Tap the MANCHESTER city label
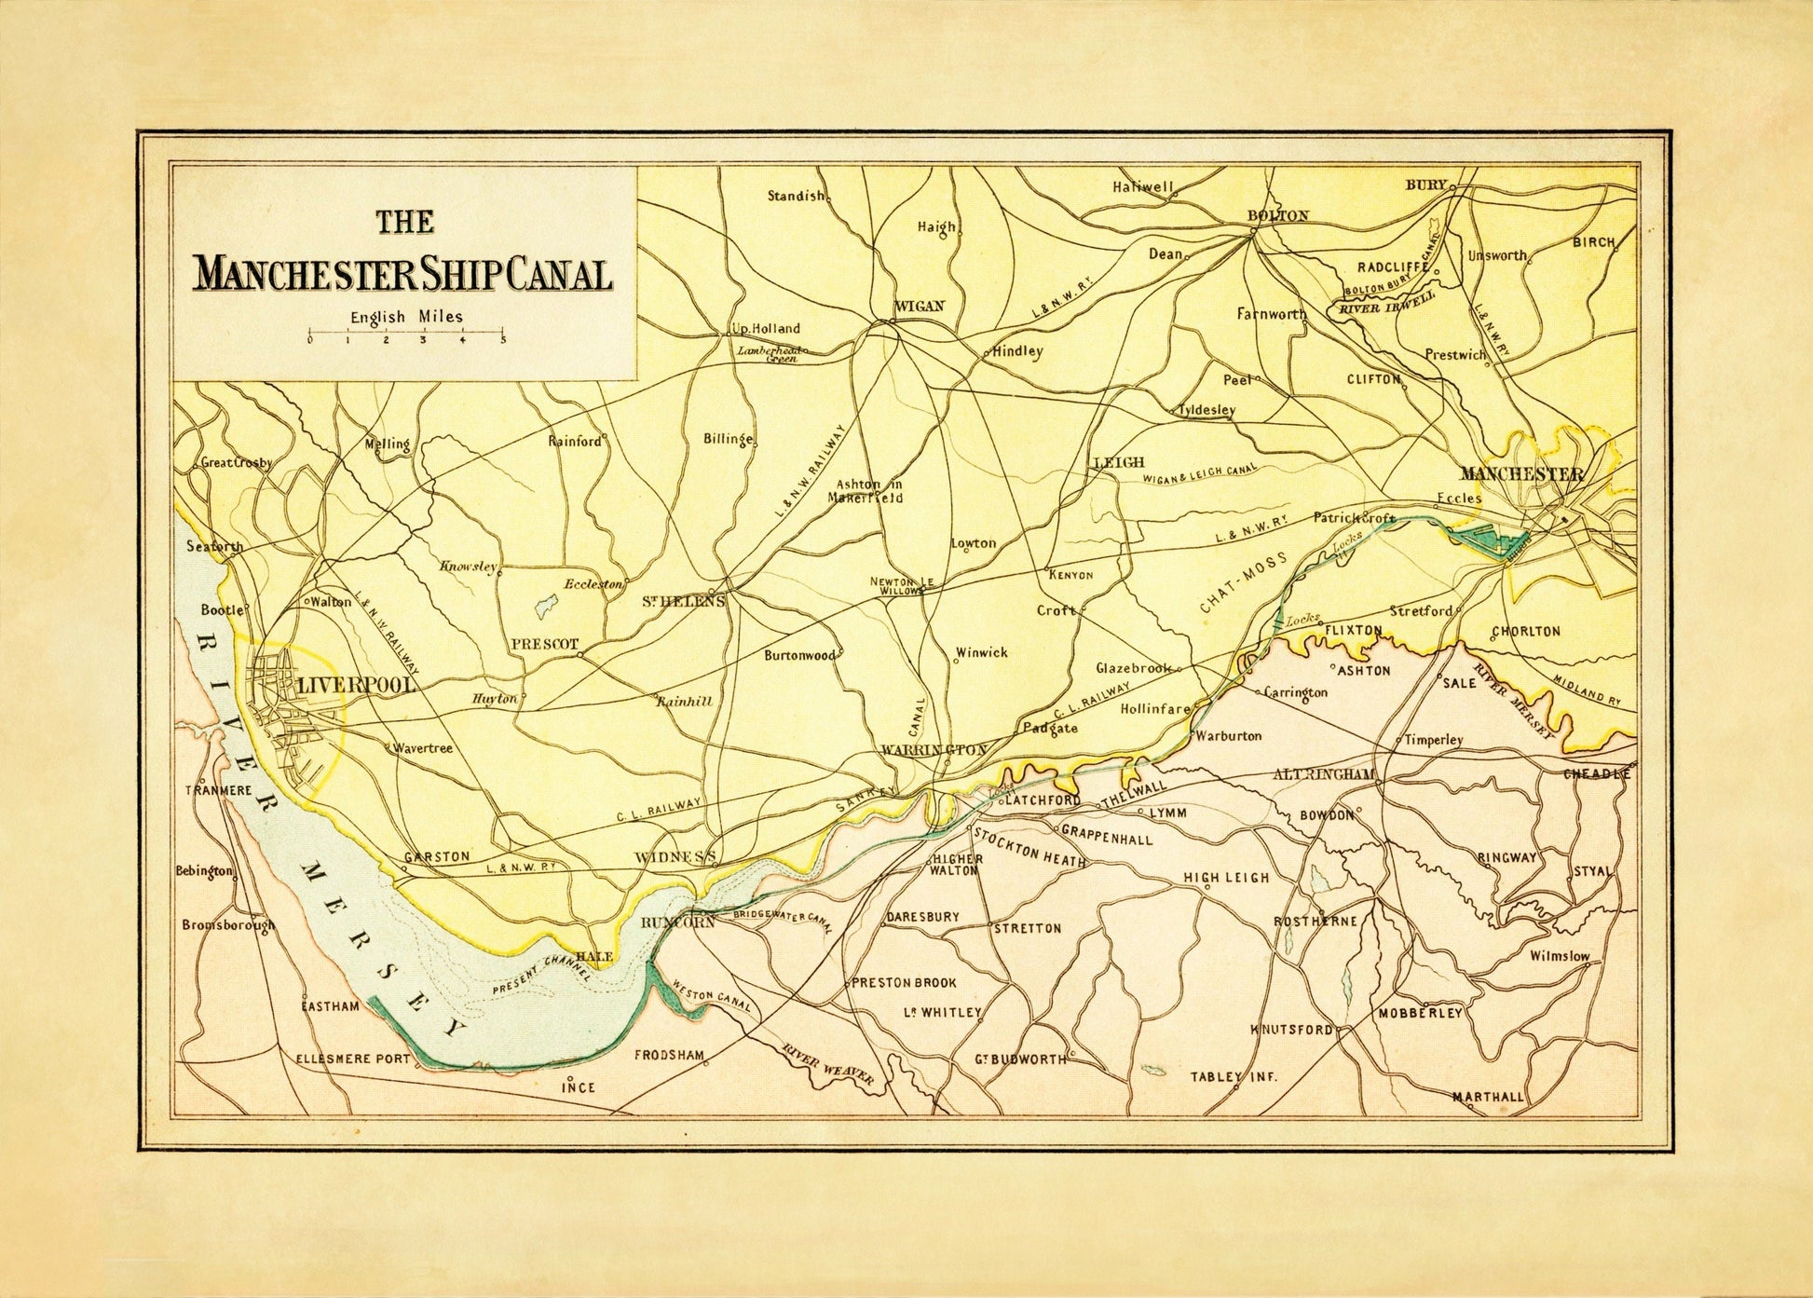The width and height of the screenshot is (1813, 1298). click(x=1521, y=473)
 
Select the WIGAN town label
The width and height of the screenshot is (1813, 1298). click(x=919, y=306)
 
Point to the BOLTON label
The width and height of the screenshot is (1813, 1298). click(x=1277, y=215)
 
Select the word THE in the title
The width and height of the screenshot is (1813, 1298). click(x=404, y=222)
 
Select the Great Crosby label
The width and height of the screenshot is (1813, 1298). click(x=236, y=463)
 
